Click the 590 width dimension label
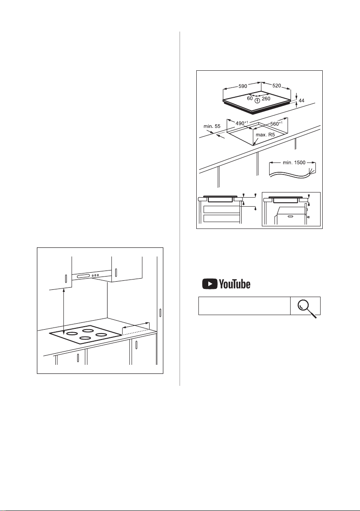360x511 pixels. click(243, 86)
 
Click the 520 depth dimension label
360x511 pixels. click(276, 86)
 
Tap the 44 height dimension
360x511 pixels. click(301, 101)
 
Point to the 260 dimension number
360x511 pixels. click(266, 99)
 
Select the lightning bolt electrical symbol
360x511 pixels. click(258, 100)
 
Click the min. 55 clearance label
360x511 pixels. click(212, 126)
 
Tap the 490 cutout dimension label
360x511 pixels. click(241, 123)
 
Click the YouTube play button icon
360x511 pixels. click(210, 284)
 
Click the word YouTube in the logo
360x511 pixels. click(235, 284)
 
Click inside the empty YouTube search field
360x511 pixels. click(244, 306)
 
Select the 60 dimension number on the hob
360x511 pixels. click(249, 98)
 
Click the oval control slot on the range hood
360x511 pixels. click(84, 277)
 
